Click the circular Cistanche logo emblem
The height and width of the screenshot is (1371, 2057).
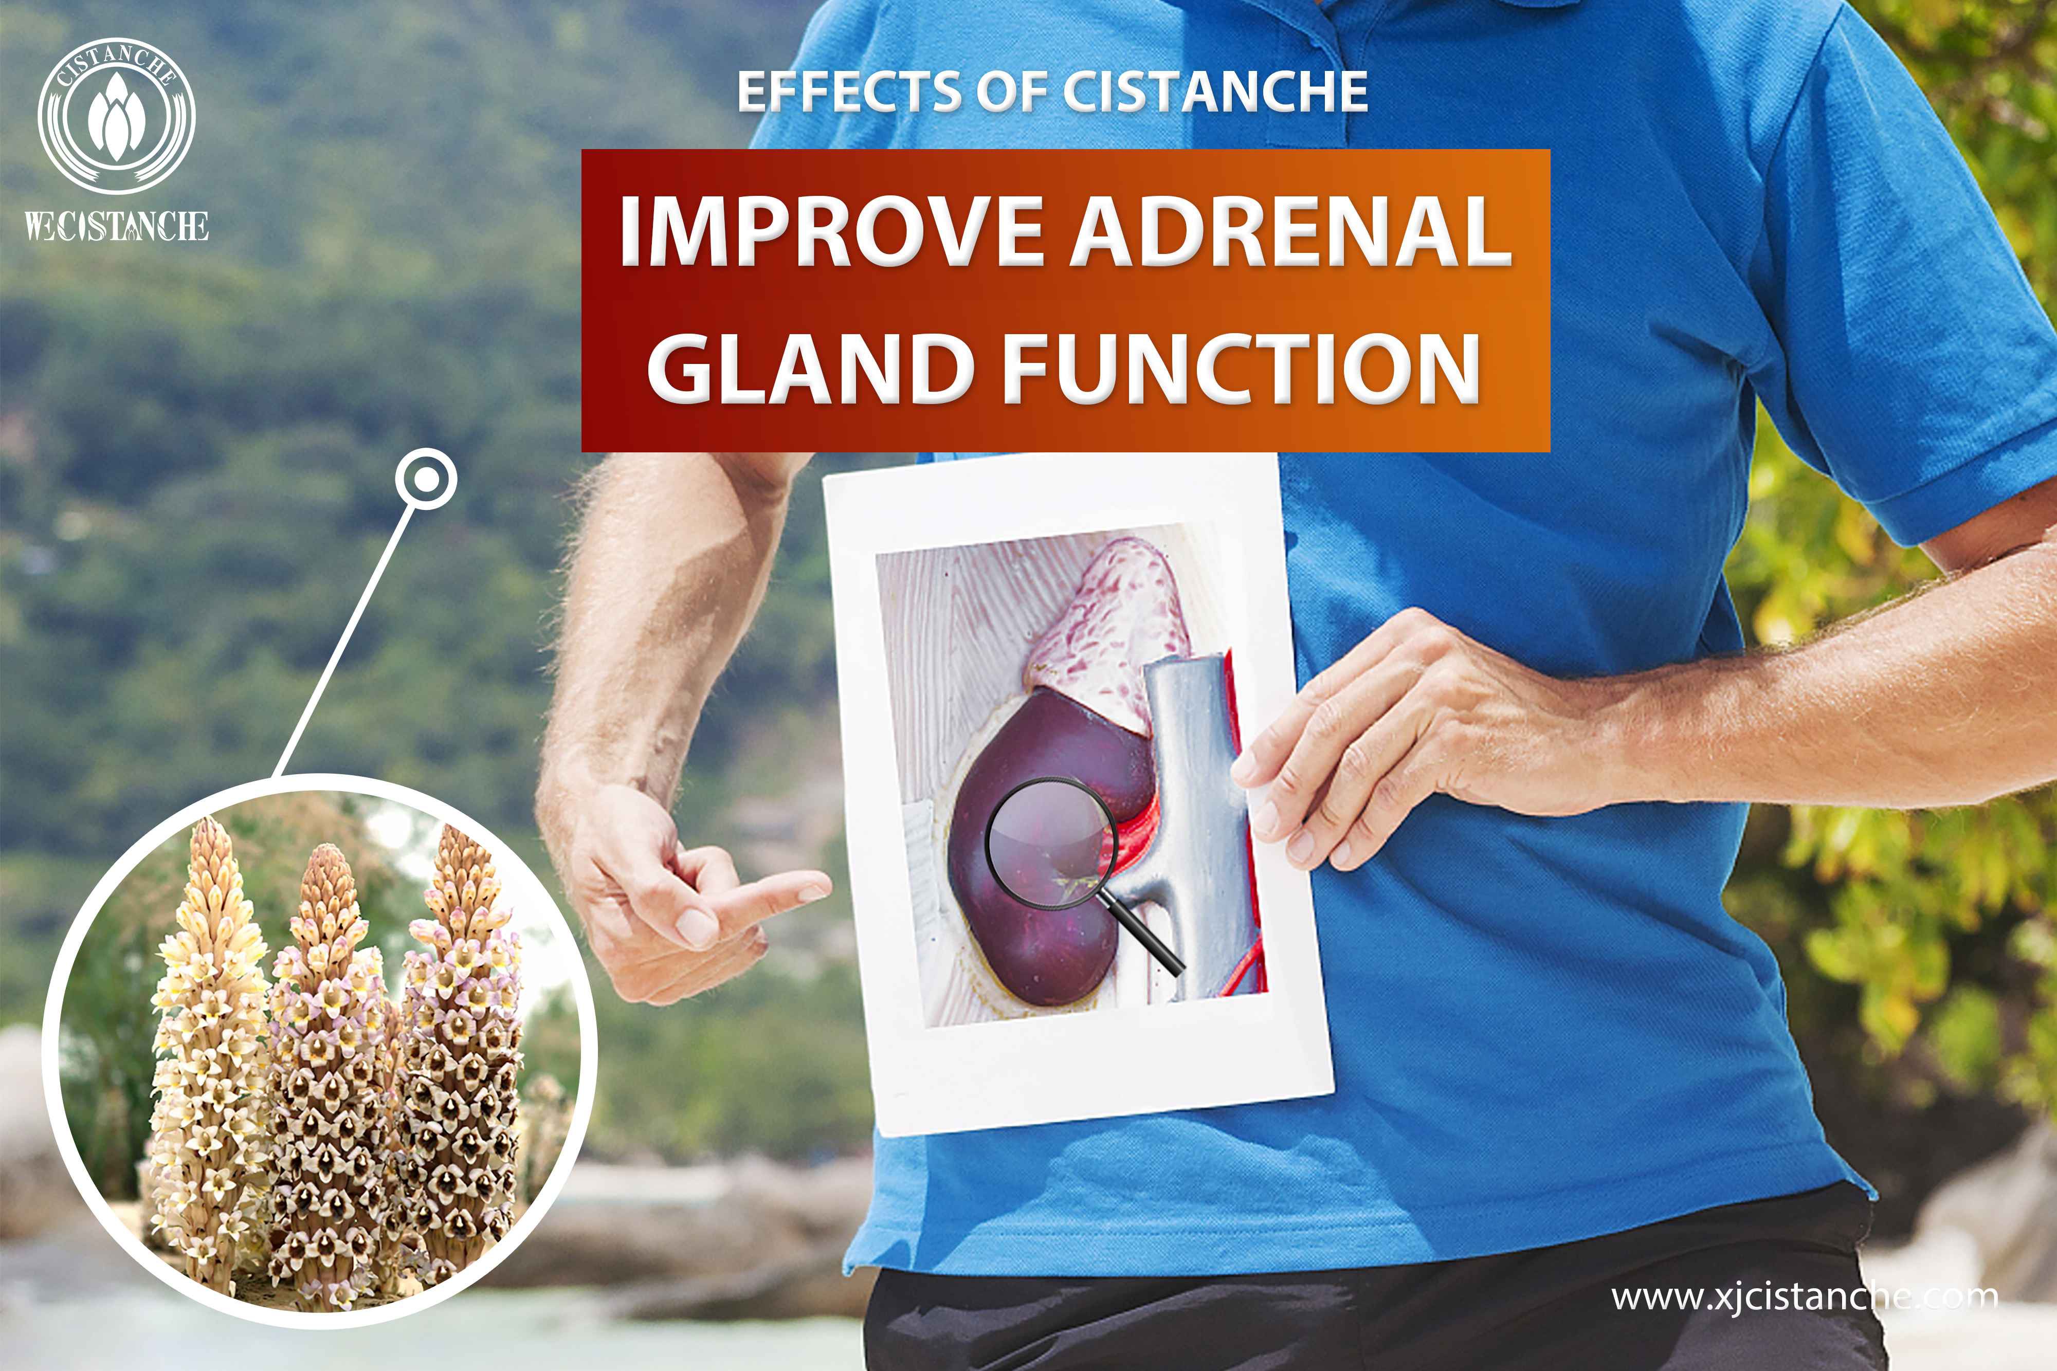(x=116, y=116)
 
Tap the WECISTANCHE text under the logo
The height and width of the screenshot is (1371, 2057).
(x=116, y=227)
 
